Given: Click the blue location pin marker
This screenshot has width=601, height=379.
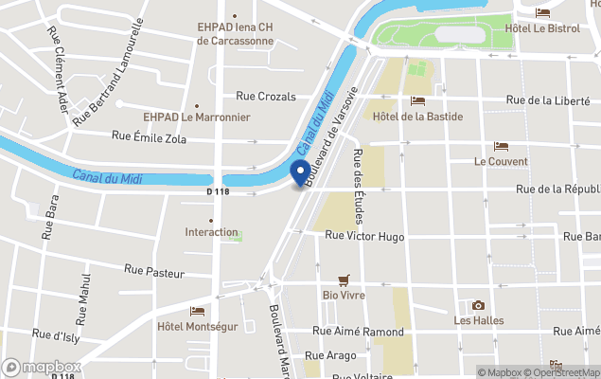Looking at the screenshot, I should [301, 173].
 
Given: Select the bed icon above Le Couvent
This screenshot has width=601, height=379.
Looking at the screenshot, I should [501, 147].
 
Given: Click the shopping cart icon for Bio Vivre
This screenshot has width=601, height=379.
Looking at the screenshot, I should [344, 280].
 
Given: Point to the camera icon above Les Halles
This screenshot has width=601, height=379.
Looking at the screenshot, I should [478, 305].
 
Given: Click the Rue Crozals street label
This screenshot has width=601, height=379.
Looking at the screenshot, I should [266, 97].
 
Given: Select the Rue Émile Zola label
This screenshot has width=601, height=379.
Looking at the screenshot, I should [149, 137].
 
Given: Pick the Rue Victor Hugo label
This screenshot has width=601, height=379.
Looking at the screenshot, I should [364, 236].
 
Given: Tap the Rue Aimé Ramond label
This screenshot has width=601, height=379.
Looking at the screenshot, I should [358, 332].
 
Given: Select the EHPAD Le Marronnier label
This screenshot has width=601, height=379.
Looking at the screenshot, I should [196, 117].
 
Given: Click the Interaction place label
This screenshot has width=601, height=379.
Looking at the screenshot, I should [211, 232].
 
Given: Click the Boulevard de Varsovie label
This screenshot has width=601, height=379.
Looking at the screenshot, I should [331, 132].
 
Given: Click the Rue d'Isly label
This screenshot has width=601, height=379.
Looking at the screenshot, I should [54, 334].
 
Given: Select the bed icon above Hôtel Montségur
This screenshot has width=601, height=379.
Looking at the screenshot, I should [197, 311].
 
